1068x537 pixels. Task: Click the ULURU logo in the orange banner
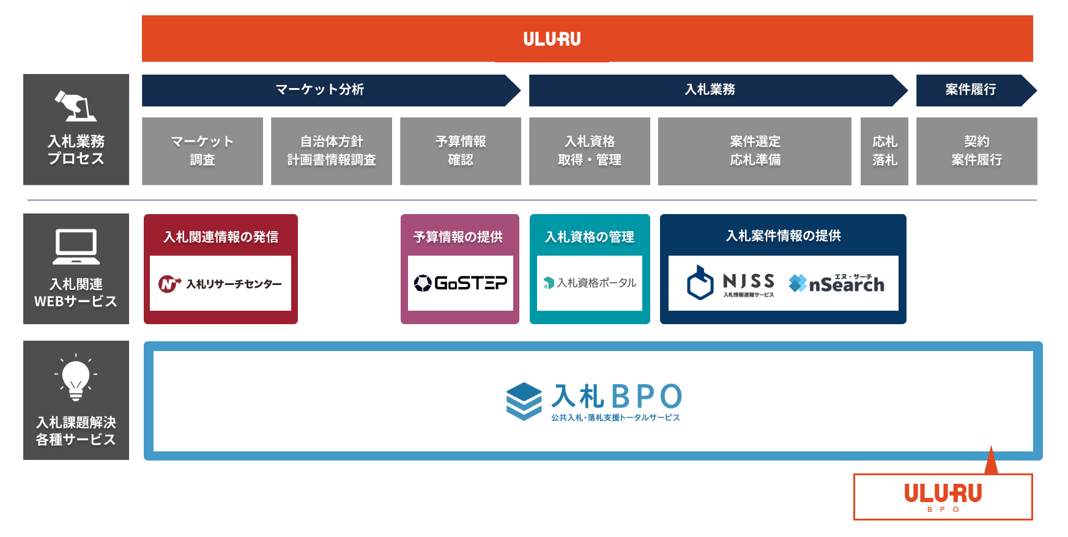(552, 39)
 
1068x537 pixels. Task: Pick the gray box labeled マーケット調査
(202, 151)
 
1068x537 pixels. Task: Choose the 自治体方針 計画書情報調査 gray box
(332, 151)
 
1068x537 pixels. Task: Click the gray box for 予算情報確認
(461, 151)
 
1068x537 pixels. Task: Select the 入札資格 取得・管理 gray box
(590, 151)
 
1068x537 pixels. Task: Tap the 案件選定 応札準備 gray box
(755, 151)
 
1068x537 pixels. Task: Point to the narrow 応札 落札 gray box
(884, 151)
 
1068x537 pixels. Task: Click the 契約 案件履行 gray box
(976, 151)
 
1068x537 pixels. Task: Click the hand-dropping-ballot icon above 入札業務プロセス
(76, 106)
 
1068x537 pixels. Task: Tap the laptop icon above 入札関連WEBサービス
(76, 246)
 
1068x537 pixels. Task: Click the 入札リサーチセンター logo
(220, 284)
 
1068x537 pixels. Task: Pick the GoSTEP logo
(461, 283)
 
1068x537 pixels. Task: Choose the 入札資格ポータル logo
(590, 283)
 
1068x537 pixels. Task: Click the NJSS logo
(731, 283)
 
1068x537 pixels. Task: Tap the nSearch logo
(836, 283)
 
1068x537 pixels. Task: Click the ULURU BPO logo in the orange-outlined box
(943, 496)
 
